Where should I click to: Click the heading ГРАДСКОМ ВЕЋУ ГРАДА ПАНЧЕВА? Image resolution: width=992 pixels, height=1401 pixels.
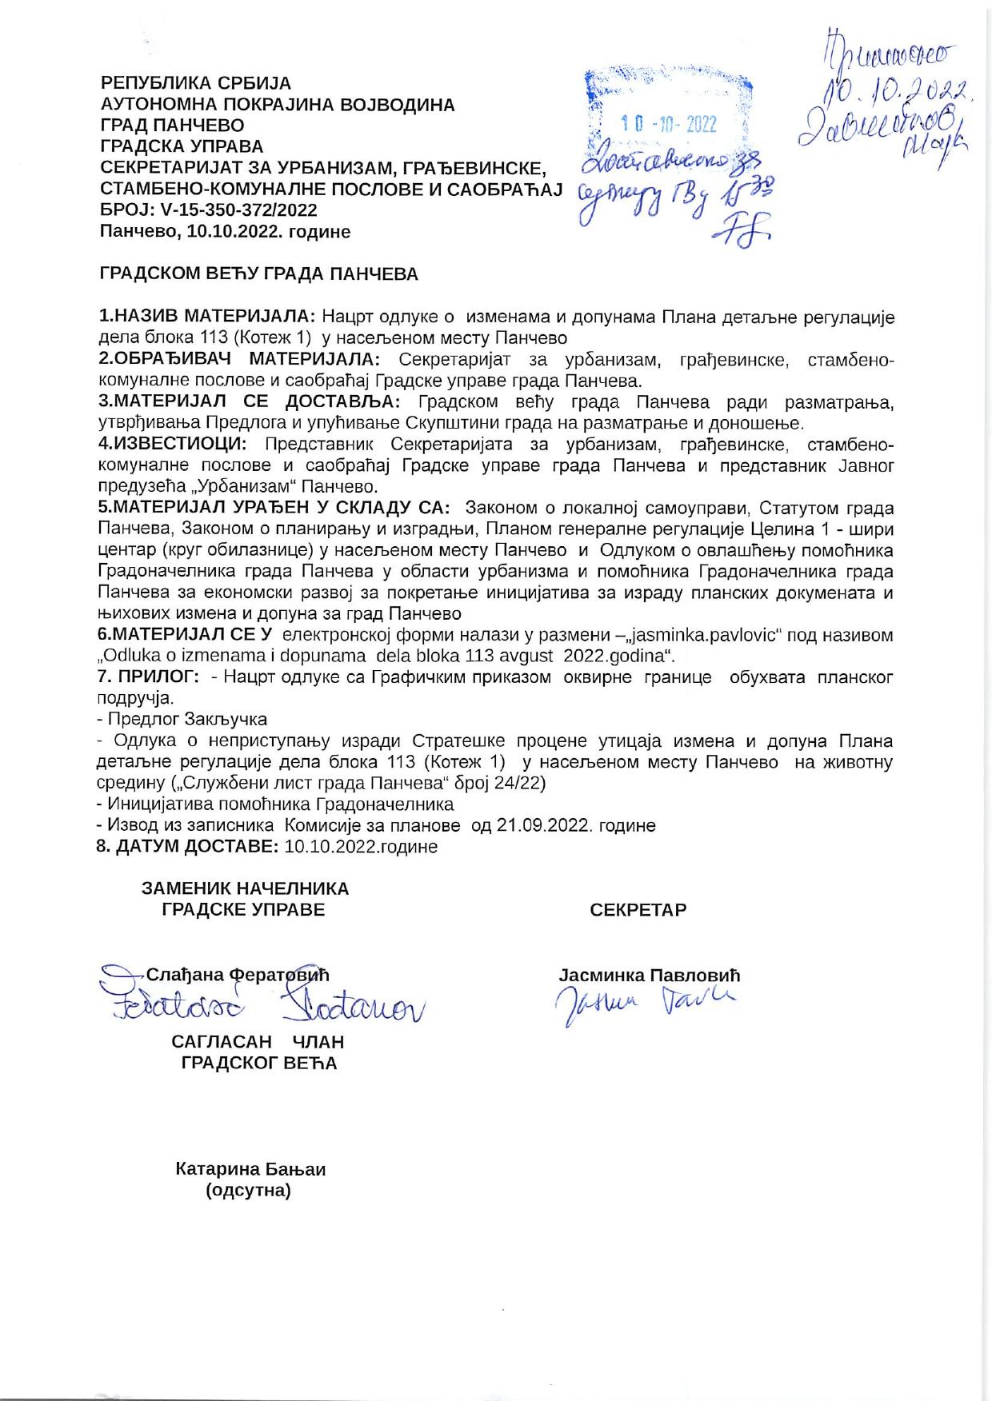pyautogui.click(x=258, y=274)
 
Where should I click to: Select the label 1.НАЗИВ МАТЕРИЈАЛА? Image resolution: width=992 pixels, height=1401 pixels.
pyautogui.click(x=207, y=317)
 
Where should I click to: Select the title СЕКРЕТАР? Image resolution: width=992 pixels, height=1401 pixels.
pyautogui.click(x=638, y=910)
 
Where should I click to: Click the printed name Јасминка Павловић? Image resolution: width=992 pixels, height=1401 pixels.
pyautogui.click(x=649, y=976)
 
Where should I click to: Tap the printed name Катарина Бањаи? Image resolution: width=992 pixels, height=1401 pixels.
pyautogui.click(x=250, y=1169)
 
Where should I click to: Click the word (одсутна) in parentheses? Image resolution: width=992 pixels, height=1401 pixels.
pyautogui.click(x=248, y=1191)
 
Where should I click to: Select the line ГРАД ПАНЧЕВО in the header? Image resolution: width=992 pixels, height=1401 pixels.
pyautogui.click(x=172, y=126)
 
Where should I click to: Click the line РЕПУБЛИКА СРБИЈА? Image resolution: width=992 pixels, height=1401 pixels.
pyautogui.click(x=195, y=83)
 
